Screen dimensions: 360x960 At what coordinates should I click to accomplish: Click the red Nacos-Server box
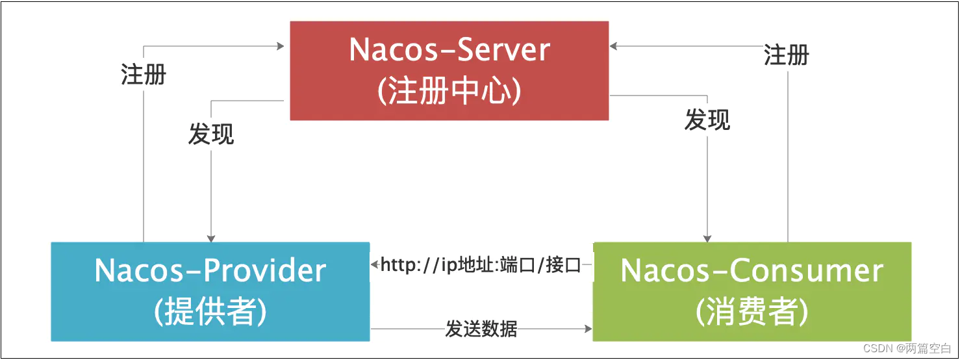[x=449, y=70]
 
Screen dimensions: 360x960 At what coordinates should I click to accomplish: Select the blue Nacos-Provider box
[x=210, y=291]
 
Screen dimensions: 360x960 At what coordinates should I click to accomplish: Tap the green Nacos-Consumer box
[x=752, y=291]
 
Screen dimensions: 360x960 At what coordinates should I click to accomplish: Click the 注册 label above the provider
[x=144, y=74]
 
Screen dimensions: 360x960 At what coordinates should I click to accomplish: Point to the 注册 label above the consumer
[x=787, y=55]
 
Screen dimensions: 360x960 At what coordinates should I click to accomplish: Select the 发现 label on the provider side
[x=211, y=134]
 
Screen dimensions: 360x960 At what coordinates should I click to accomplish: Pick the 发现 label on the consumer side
[x=707, y=120]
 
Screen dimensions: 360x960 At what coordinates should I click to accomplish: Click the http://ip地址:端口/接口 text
[x=481, y=265]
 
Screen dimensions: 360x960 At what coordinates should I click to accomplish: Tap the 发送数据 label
[x=481, y=329]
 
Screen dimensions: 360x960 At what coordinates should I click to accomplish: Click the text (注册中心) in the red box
[x=449, y=92]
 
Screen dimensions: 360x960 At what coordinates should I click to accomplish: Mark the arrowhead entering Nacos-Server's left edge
[x=281, y=46]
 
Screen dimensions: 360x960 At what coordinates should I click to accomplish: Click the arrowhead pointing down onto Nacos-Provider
[x=210, y=237]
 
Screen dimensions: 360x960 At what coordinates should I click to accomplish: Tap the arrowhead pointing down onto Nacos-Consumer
[x=707, y=238]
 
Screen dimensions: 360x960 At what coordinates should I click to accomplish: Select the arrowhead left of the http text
[x=375, y=264]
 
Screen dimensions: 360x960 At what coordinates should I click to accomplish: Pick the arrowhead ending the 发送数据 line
[x=588, y=329]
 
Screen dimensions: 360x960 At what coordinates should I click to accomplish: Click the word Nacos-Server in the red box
[x=449, y=50]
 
